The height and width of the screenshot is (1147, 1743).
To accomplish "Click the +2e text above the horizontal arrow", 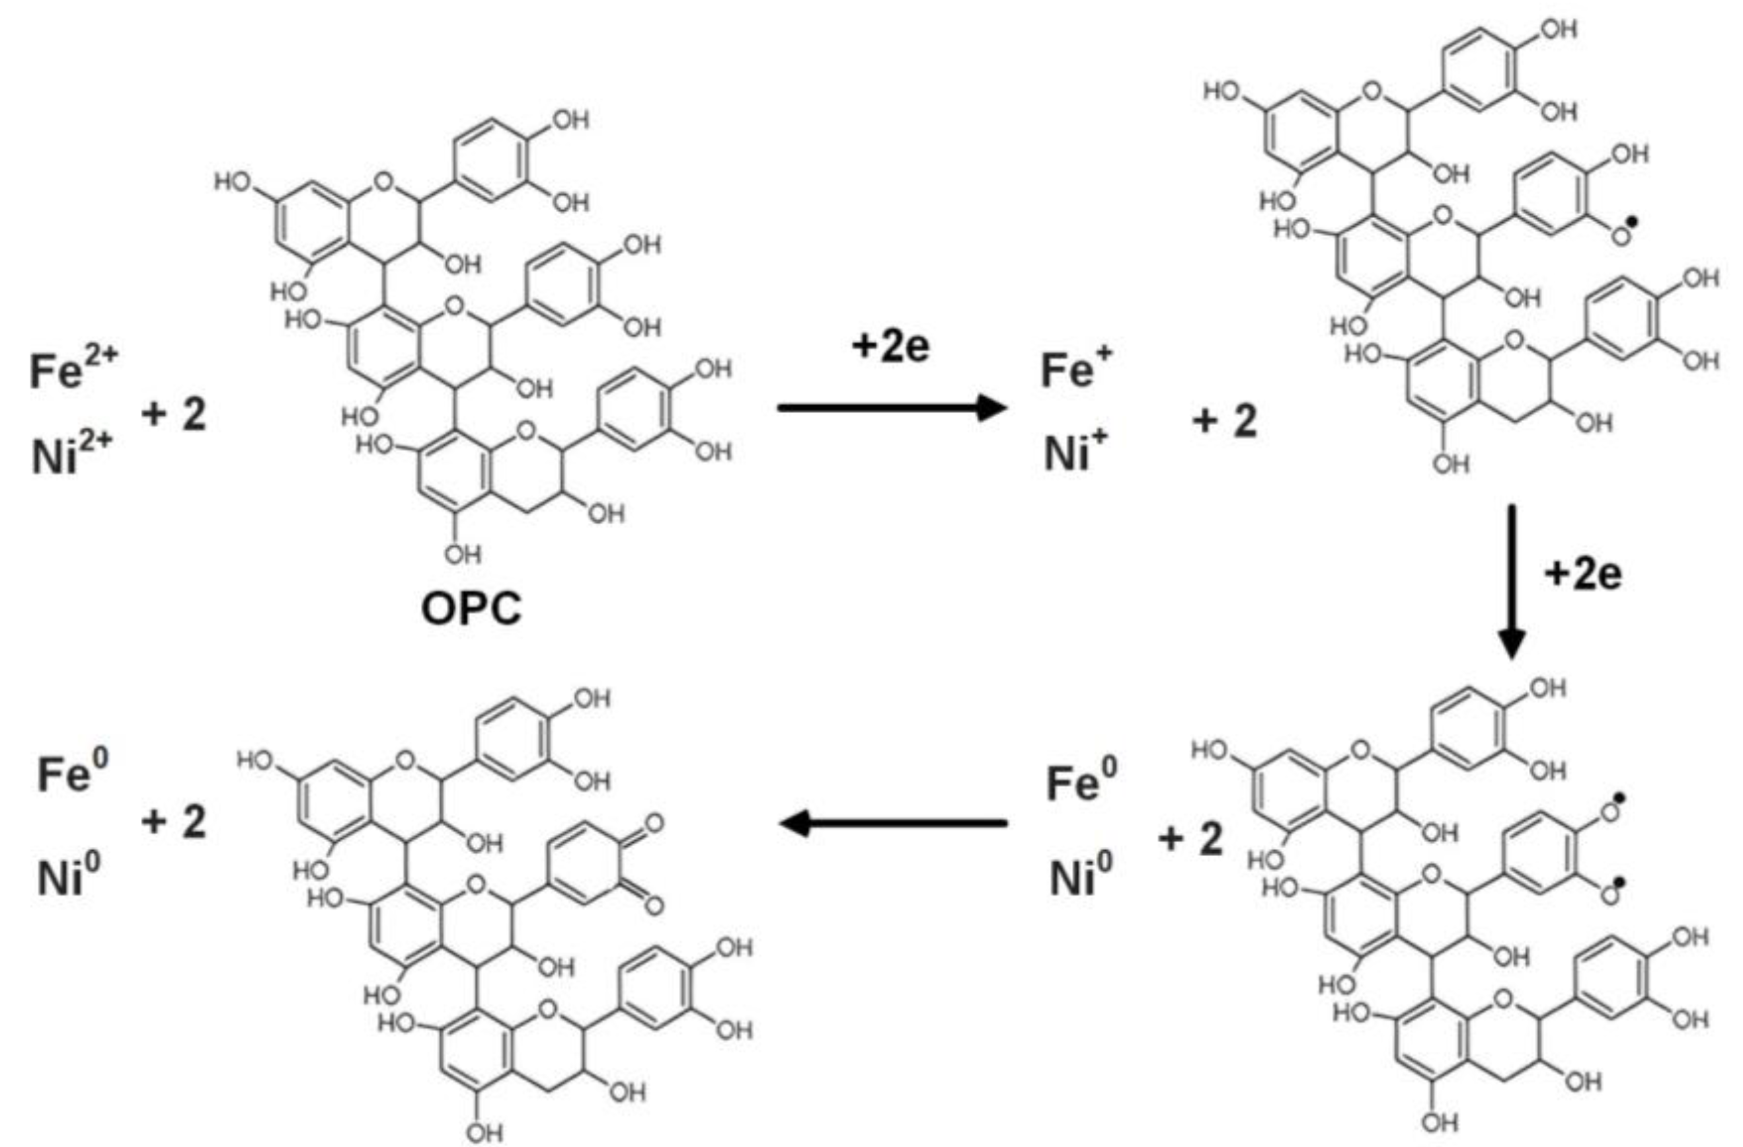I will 890,346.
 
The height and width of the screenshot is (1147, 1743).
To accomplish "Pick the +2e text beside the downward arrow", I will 1582,574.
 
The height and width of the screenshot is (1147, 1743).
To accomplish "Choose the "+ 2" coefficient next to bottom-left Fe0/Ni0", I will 174,821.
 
